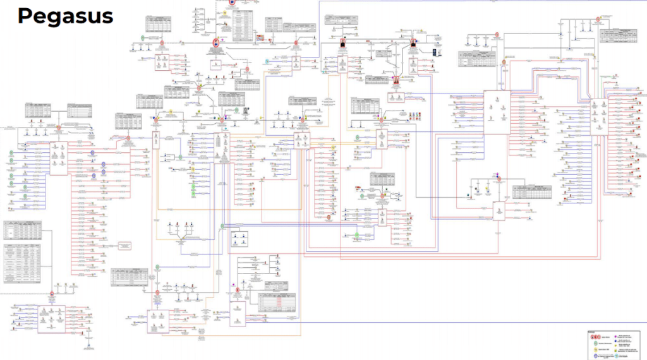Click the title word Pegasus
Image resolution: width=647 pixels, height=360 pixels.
click(65, 16)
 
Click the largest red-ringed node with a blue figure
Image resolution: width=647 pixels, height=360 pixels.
click(216, 43)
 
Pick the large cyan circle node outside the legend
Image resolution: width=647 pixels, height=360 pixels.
click(267, 61)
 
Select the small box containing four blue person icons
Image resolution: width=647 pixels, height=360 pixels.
click(239, 239)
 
